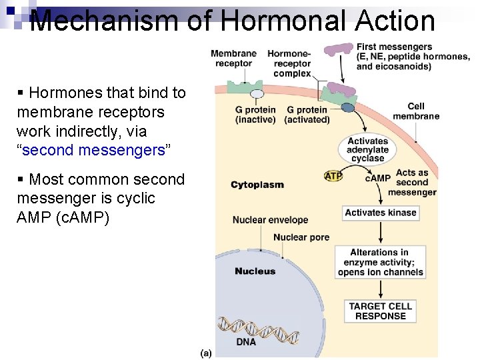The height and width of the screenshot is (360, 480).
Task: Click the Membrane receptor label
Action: point(233,59)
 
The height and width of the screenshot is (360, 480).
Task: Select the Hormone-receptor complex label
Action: point(291,63)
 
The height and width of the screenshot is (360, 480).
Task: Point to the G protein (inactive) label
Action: point(255,115)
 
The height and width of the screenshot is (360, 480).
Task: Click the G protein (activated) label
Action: point(307,115)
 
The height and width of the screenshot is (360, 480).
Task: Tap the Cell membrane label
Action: point(415,111)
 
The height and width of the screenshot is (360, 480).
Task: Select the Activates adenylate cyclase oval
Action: point(367,150)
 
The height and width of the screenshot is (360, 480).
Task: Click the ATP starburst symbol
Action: point(333,176)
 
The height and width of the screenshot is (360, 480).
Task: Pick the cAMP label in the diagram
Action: point(377,178)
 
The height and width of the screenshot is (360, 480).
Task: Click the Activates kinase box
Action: point(381,213)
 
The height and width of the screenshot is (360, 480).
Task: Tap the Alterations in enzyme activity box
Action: point(380,262)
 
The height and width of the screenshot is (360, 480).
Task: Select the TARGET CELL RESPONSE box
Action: point(381,311)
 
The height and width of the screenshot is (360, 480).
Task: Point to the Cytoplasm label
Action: point(257,185)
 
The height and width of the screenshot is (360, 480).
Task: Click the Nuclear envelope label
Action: point(270,220)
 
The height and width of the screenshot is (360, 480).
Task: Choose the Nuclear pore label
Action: point(301,237)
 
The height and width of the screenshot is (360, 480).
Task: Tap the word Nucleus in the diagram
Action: point(255,271)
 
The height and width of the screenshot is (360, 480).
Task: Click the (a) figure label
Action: point(206,352)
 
